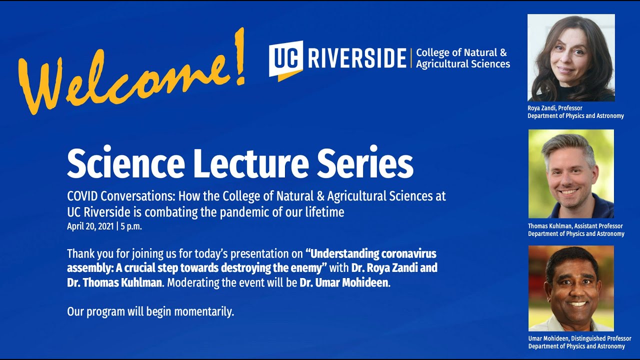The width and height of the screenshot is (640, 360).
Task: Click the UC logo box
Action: [x=285, y=59]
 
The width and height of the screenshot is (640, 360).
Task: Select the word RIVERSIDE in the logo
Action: [x=357, y=58]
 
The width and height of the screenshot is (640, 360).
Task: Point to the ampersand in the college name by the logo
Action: [x=503, y=52]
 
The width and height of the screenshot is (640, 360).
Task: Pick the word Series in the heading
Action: [x=365, y=162]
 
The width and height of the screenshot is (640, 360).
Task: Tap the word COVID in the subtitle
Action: [x=82, y=196]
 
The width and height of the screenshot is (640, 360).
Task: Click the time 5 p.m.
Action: [x=131, y=227]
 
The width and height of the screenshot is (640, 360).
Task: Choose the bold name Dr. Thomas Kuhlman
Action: [x=114, y=282]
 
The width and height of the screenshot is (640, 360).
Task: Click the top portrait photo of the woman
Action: [x=571, y=57]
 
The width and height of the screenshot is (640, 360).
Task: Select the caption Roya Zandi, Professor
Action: [x=555, y=108]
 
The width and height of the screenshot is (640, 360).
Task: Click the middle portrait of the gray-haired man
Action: [x=571, y=173]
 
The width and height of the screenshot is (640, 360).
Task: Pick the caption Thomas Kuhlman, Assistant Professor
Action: [x=575, y=226]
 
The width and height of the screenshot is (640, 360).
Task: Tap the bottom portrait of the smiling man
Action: [x=571, y=288]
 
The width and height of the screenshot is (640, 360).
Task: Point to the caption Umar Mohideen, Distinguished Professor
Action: [x=579, y=338]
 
